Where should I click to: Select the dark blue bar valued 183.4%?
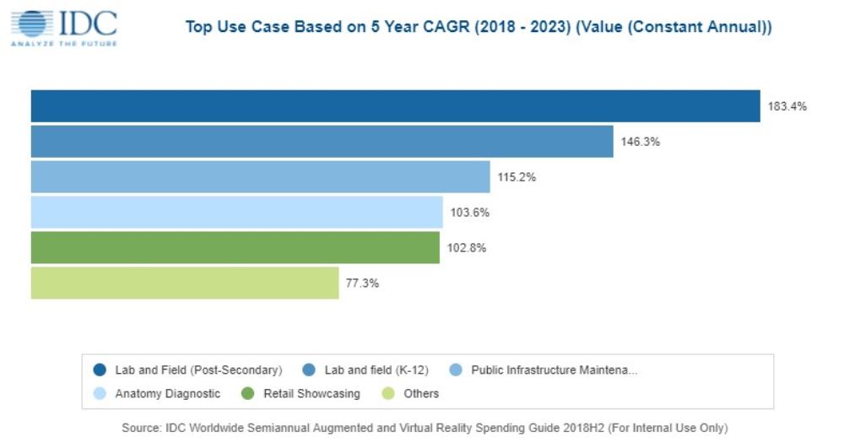coord(395,106)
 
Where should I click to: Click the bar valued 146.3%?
coord(322,142)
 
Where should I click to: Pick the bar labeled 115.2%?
coord(260,177)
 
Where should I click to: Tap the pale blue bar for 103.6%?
coord(236,213)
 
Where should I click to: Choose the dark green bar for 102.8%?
coord(235,248)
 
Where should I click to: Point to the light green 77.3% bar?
coord(184,283)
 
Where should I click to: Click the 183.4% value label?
coord(787,106)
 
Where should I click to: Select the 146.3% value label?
coord(640,142)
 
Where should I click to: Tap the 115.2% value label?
coord(517,177)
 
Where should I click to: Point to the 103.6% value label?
coord(469,213)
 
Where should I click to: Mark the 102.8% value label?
coord(466,248)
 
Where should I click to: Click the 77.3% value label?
coord(362,283)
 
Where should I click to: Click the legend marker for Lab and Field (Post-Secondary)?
coord(100,370)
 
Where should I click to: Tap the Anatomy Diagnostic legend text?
coord(168,394)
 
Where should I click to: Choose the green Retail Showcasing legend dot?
coord(248,394)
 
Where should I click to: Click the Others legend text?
coord(421,394)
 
